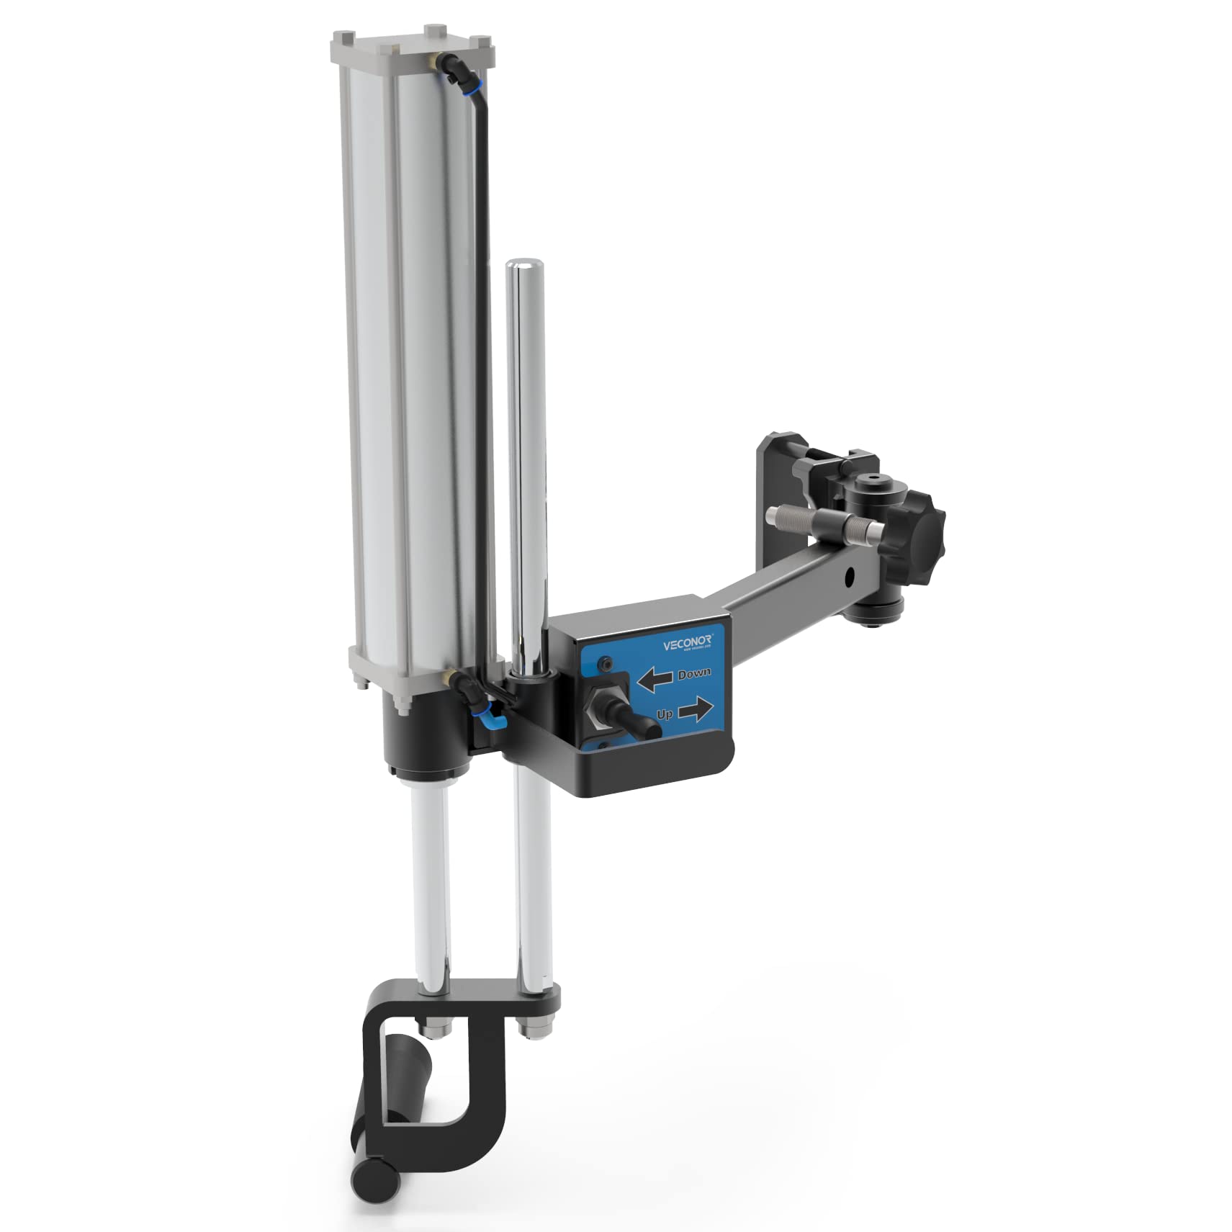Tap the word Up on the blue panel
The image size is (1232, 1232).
coord(665,714)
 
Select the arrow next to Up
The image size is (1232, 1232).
coord(696,711)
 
